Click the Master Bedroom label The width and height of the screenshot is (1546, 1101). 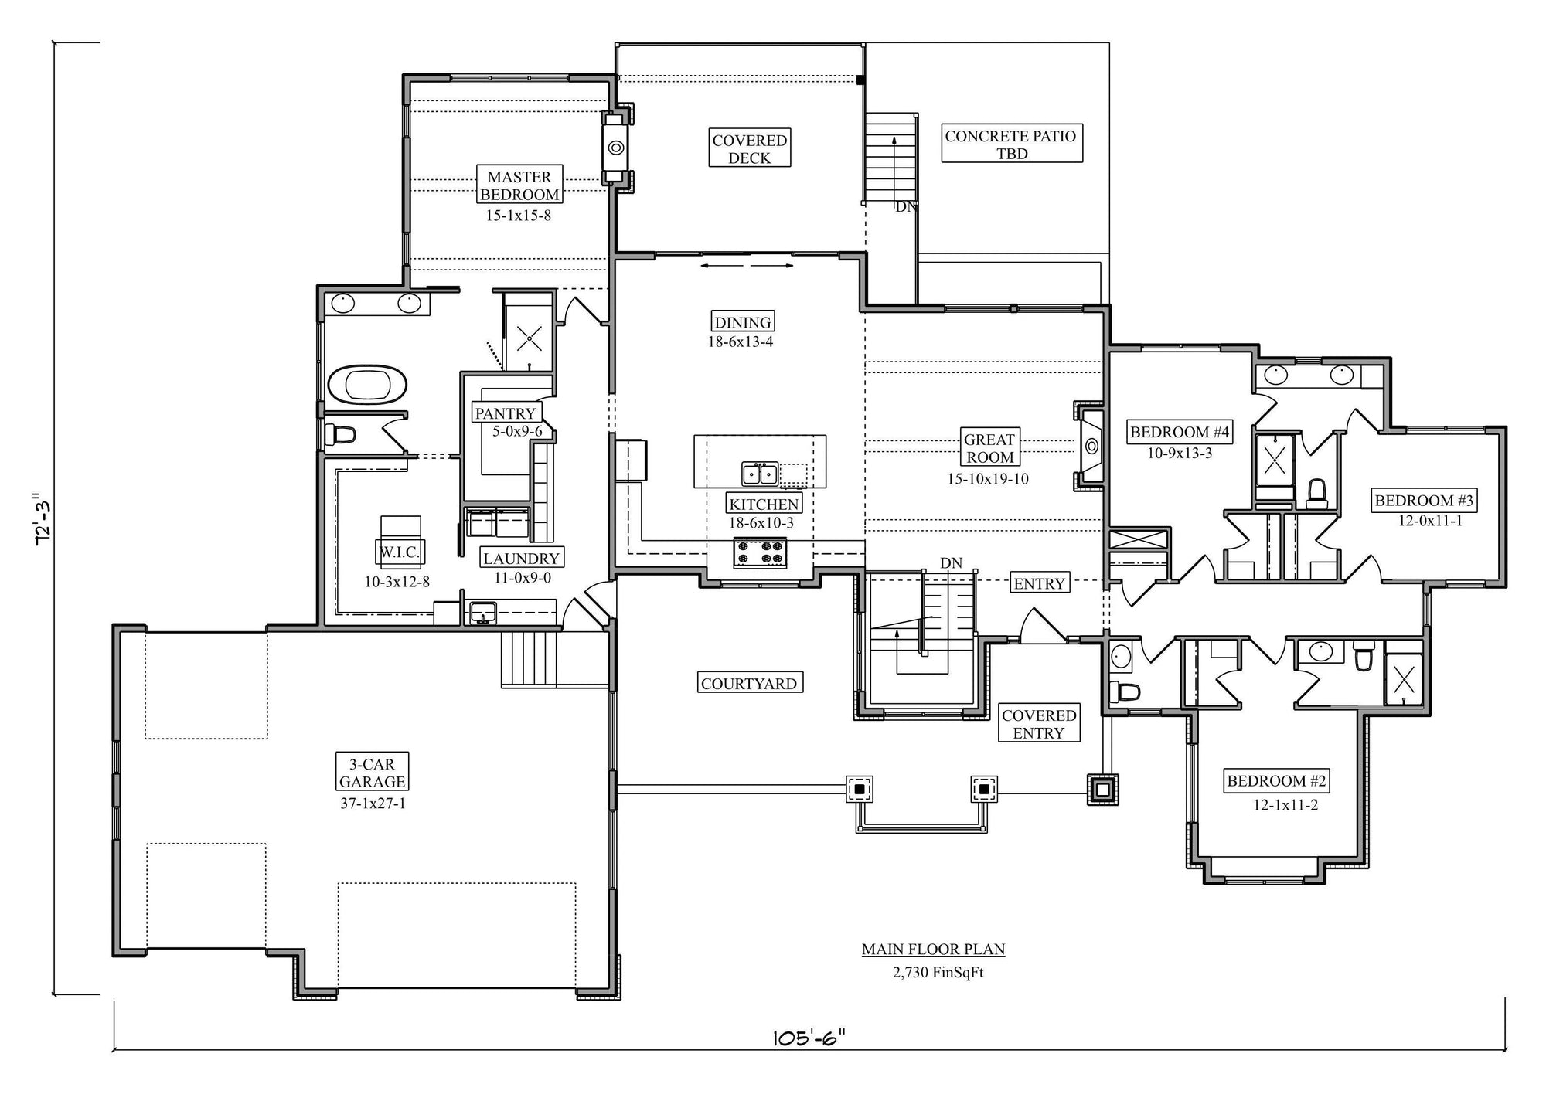point(519,185)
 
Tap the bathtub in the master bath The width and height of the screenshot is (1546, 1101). point(367,385)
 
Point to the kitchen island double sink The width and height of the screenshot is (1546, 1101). point(760,473)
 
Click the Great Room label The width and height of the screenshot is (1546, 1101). point(989,448)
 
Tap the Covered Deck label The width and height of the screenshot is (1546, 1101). point(749,148)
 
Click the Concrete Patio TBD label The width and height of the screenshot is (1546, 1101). point(1011,144)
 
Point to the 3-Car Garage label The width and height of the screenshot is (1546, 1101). point(372,773)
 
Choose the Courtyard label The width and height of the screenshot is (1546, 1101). point(749,683)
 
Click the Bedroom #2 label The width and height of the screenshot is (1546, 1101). point(1276,781)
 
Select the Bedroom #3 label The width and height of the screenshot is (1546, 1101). point(1424,501)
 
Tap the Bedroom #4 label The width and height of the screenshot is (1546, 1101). point(1180,432)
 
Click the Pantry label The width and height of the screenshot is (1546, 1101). point(506,413)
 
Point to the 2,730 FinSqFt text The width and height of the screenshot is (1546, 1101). point(938,973)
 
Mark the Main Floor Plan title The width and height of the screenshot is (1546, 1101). point(934,950)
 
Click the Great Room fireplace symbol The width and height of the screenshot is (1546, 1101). point(1091,446)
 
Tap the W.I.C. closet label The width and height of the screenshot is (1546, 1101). point(399,552)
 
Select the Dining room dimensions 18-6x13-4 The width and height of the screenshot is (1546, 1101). point(741,342)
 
